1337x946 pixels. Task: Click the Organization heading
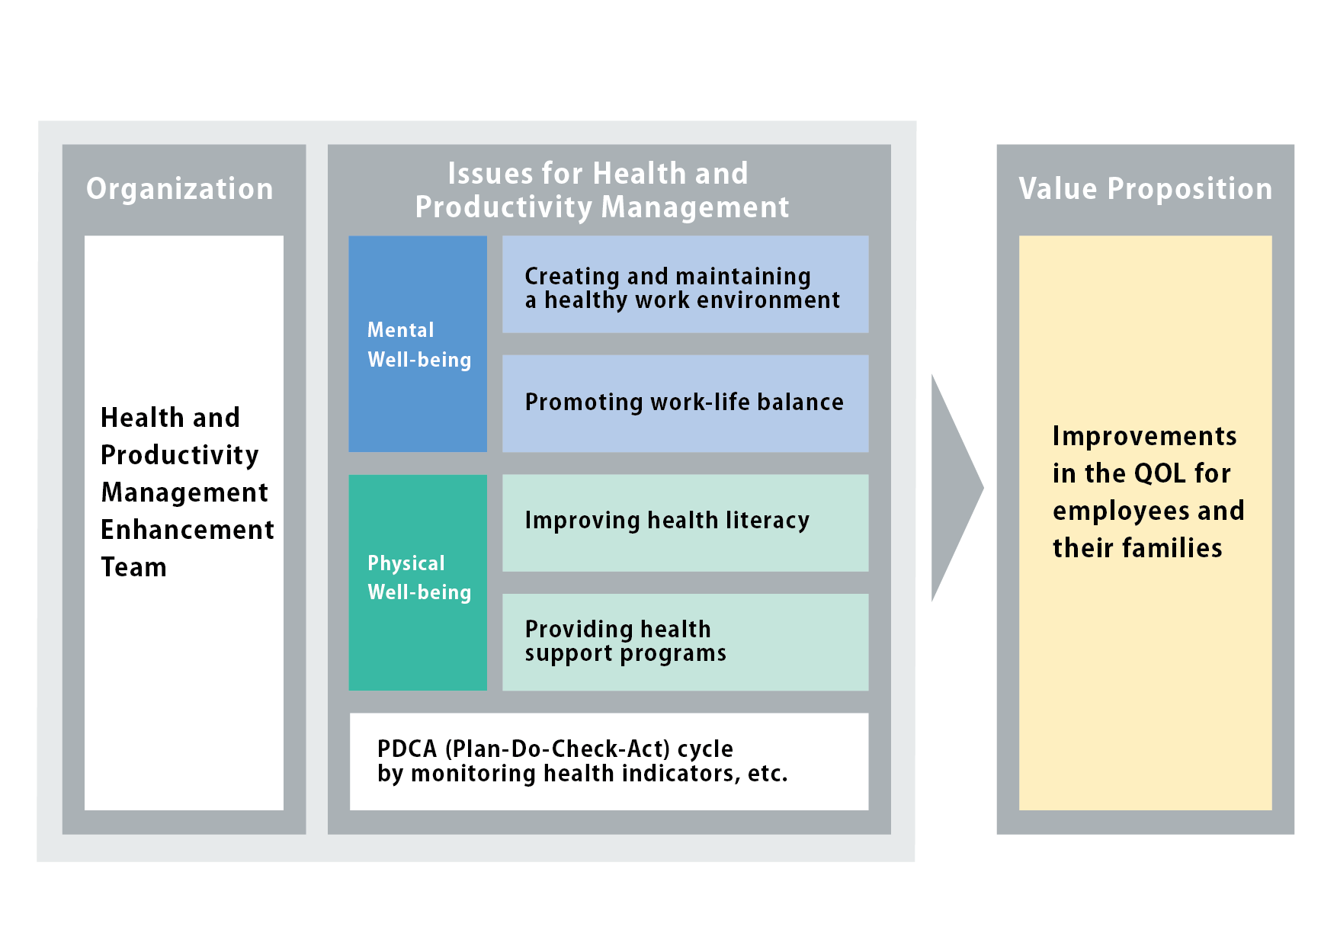coord(180,189)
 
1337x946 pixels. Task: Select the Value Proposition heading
coord(1146,189)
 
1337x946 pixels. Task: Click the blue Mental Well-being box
coord(418,344)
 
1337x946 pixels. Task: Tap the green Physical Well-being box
coord(418,582)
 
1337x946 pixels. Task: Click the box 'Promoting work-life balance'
coord(685,403)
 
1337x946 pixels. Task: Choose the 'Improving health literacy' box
coord(685,523)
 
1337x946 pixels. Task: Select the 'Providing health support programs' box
coord(685,642)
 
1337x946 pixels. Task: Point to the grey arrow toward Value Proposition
coord(957,488)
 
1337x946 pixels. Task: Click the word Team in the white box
coord(133,567)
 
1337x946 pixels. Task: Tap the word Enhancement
coord(188,530)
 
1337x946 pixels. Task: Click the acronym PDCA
coord(407,749)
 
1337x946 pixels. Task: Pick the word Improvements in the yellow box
coord(1145,436)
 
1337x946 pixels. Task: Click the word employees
coord(1120,511)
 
